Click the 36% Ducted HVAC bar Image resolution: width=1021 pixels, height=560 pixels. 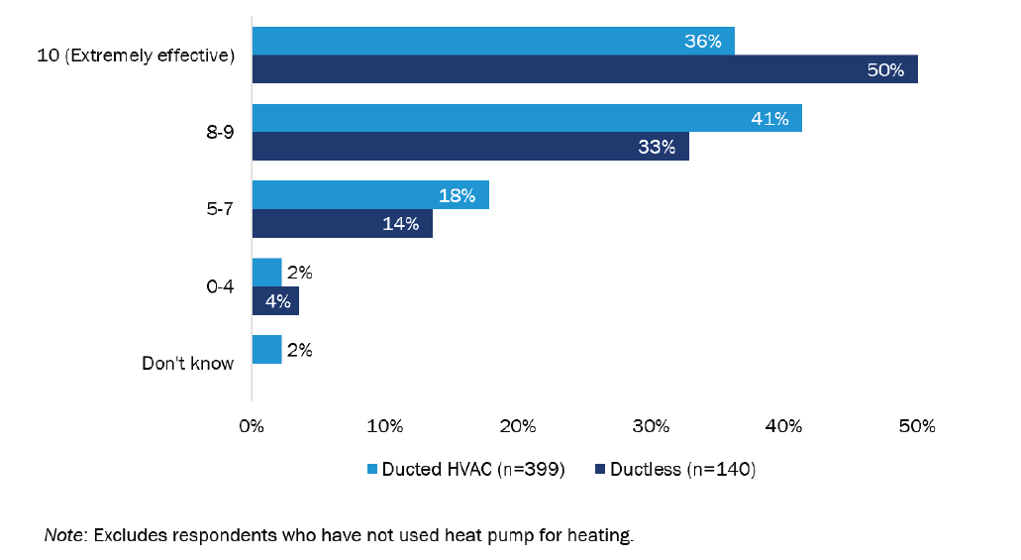pos(492,42)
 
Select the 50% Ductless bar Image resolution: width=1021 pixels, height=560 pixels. pos(584,69)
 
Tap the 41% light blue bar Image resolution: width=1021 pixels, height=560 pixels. pos(526,118)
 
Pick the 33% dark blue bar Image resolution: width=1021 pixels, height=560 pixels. pos(469,147)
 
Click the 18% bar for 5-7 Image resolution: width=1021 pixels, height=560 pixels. pos(369,195)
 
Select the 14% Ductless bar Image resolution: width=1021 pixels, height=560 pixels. pos(342,223)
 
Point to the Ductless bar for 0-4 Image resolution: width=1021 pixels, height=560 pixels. pos(275,300)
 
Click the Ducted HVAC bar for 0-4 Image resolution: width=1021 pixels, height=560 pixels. pos(266,273)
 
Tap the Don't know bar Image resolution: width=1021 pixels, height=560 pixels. pos(266,349)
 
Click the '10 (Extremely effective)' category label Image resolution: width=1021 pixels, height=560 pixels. pos(147,56)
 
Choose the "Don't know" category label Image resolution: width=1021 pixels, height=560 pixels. pos(188,363)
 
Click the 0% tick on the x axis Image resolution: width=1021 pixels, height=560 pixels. pos(252,427)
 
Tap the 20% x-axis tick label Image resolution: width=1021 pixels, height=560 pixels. pos(517,427)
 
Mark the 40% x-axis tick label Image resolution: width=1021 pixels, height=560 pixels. pos(783,427)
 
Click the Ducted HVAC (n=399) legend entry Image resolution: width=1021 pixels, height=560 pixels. pos(465,470)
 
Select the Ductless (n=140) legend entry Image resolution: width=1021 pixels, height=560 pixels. pos(675,470)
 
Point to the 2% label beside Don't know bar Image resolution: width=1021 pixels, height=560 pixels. pos(299,349)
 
